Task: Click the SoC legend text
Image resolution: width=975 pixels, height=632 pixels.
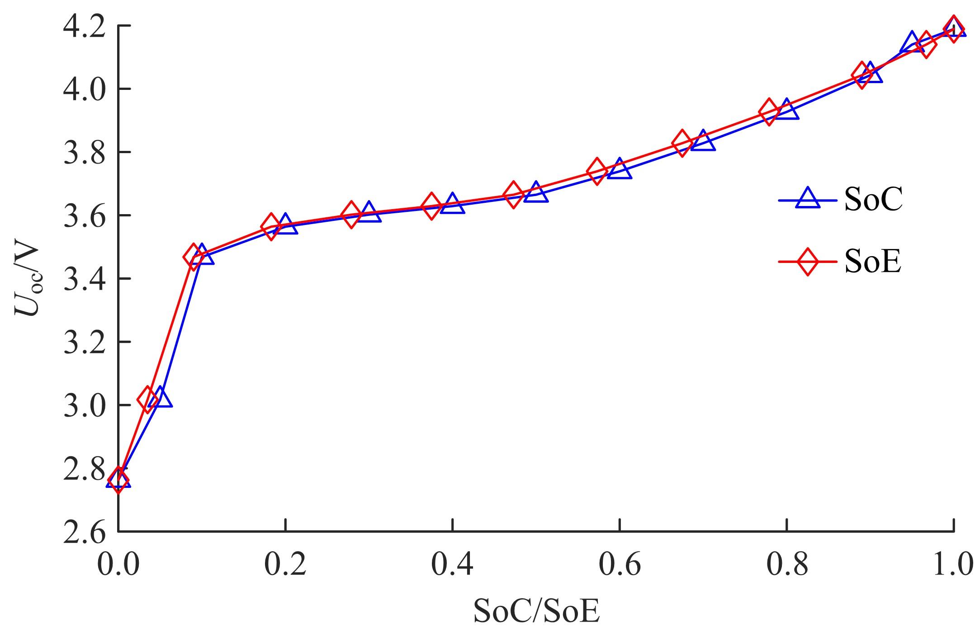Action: click(x=873, y=200)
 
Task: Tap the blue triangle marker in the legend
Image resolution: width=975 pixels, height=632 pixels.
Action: click(x=808, y=200)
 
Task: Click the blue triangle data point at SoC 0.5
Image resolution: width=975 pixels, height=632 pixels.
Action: click(x=536, y=193)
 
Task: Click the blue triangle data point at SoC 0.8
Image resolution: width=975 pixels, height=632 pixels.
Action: click(x=786, y=110)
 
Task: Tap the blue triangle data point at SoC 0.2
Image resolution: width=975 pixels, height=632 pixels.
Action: click(x=285, y=224)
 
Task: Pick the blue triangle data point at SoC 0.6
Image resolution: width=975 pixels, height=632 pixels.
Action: click(x=620, y=169)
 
